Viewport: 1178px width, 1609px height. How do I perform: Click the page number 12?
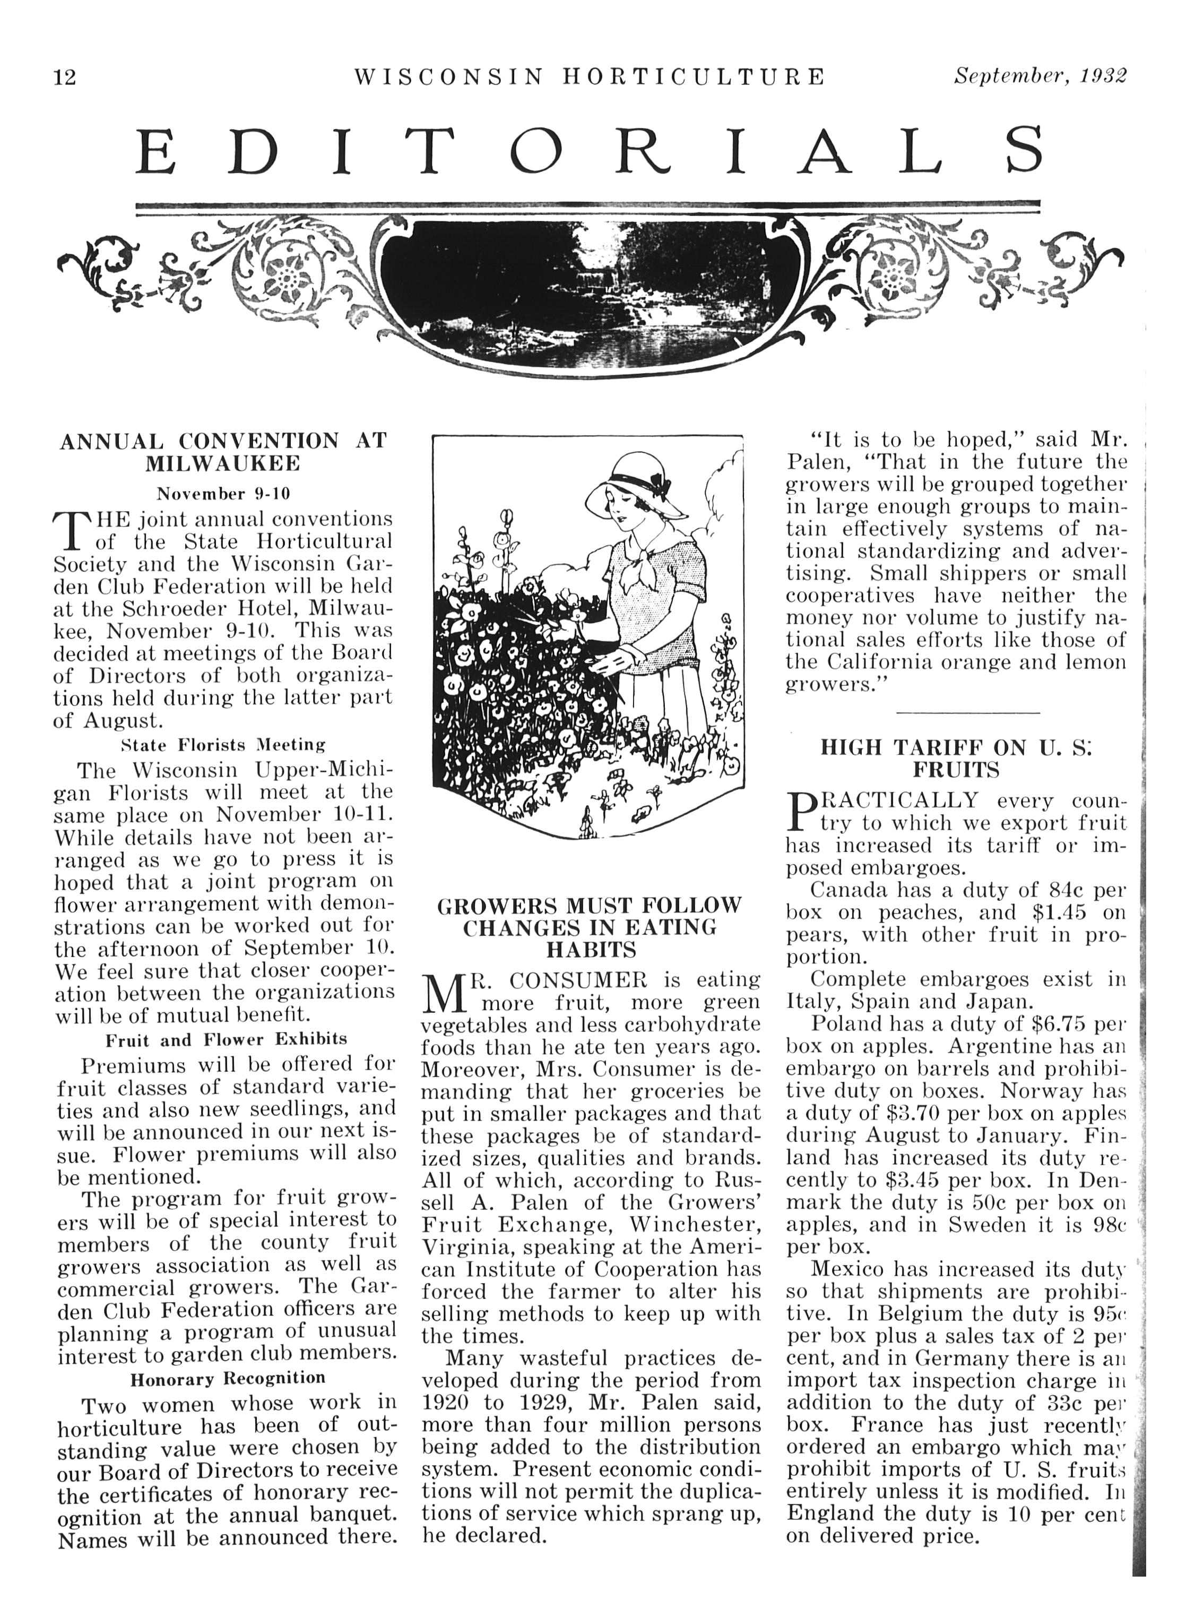pyautogui.click(x=65, y=76)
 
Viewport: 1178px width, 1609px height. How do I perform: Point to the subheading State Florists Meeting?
pyautogui.click(x=223, y=745)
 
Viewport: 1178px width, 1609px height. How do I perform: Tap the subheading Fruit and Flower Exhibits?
pyautogui.click(x=226, y=1039)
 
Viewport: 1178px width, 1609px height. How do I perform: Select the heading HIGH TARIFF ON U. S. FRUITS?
pyautogui.click(x=956, y=759)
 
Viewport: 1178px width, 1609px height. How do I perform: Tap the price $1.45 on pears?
pyautogui.click(x=1060, y=913)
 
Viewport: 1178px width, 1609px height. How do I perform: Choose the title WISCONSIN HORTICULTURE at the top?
pyautogui.click(x=589, y=76)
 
